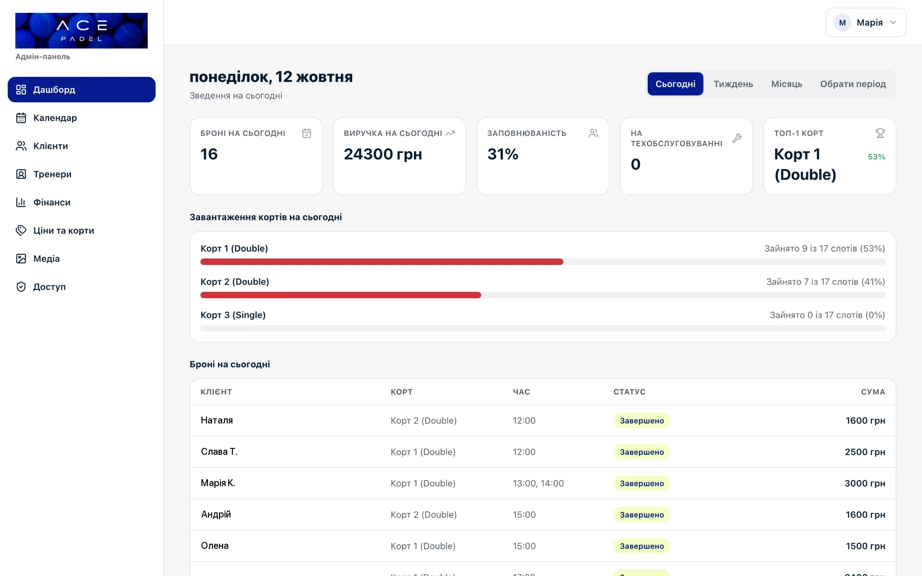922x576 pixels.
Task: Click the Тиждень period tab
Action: tap(733, 84)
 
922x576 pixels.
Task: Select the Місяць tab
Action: tap(786, 84)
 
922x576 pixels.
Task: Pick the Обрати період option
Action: tap(853, 84)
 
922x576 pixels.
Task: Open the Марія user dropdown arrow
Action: tap(893, 23)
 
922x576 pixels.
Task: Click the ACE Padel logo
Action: tap(82, 30)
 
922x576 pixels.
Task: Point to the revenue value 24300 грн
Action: tap(383, 154)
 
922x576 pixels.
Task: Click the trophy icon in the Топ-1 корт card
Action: tap(880, 133)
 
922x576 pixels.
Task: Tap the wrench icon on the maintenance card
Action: tap(737, 138)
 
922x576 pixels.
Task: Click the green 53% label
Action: tap(876, 157)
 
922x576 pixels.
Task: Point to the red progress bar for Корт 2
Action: tap(341, 295)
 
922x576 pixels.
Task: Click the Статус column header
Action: tap(629, 392)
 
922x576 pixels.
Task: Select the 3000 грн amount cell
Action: tap(865, 483)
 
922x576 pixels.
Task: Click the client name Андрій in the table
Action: tap(216, 514)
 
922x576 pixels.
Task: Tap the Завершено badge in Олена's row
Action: tap(642, 546)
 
